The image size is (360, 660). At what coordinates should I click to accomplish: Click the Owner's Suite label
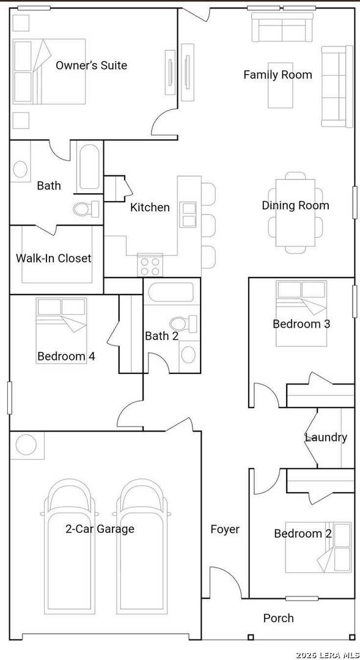[91, 65]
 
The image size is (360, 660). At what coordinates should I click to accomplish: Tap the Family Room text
[278, 75]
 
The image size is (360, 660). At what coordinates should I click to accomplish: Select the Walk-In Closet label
[53, 258]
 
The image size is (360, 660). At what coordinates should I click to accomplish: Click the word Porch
[278, 618]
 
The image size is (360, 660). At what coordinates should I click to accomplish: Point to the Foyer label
[225, 529]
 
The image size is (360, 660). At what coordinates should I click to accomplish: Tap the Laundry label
[326, 438]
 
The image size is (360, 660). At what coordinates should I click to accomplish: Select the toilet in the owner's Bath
[86, 209]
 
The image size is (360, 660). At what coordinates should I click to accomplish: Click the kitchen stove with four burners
[150, 265]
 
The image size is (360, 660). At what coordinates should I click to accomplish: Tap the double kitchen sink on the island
[188, 215]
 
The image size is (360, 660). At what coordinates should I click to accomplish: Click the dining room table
[296, 213]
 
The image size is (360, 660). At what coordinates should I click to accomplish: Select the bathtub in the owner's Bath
[89, 167]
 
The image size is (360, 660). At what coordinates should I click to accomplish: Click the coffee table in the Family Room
[281, 91]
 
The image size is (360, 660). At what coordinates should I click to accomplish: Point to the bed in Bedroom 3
[301, 313]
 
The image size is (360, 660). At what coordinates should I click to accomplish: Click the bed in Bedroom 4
[61, 331]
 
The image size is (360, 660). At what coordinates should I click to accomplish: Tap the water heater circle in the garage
[26, 445]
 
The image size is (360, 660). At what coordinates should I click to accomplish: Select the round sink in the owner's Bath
[20, 169]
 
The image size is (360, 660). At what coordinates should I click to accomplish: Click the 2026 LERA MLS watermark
[327, 655]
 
